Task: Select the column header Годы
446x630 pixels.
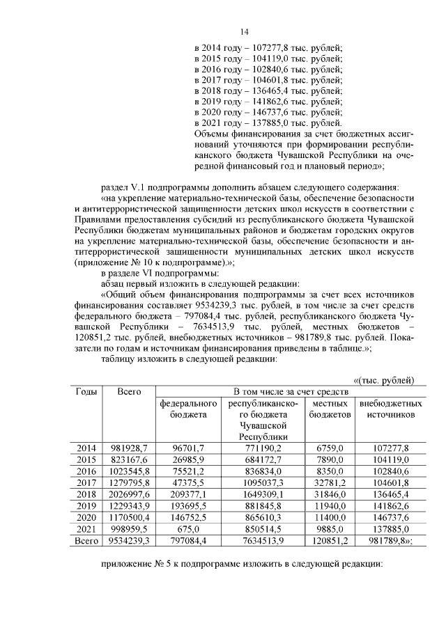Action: [x=86, y=392]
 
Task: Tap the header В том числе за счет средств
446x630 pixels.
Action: [x=286, y=392]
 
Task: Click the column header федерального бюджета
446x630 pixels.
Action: [x=187, y=409]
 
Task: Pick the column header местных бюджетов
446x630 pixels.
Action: [x=330, y=409]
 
